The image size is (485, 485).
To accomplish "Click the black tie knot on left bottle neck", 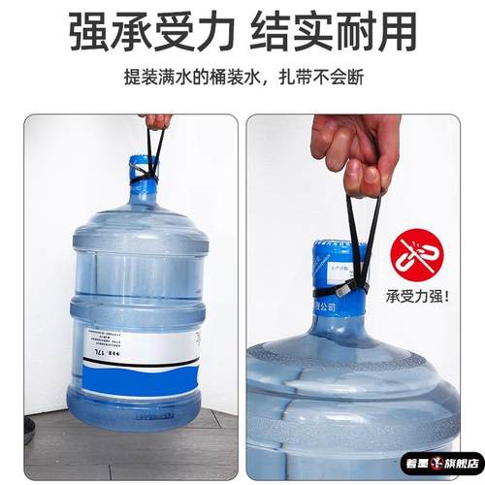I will click(x=143, y=177).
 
